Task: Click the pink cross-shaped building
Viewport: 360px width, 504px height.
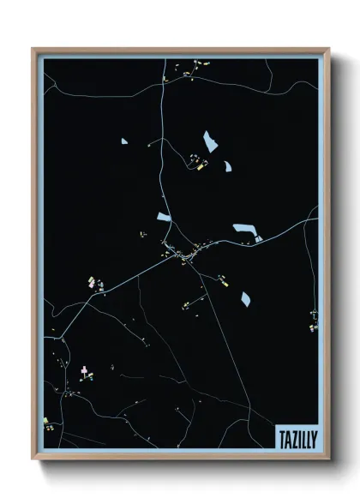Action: coord(84,370)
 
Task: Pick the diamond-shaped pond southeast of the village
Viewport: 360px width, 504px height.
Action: coord(245,298)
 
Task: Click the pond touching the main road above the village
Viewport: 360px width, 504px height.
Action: coord(164,218)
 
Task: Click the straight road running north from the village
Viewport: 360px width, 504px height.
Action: coord(162,154)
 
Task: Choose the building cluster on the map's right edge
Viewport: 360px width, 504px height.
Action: coord(313,321)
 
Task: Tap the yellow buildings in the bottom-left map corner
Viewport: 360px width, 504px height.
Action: coord(48,423)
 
